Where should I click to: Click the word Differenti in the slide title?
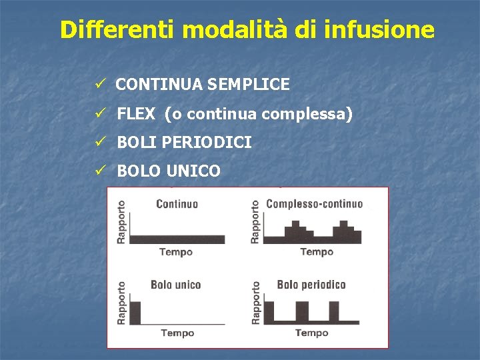tap(117, 29)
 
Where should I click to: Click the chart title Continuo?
tap(177, 204)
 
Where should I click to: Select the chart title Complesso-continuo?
tap(314, 204)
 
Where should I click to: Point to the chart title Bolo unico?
tap(175, 285)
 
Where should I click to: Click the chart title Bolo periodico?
tap(311, 285)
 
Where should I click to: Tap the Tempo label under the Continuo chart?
tap(176, 252)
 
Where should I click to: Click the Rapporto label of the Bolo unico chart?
tap(121, 303)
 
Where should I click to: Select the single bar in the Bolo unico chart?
tap(135, 313)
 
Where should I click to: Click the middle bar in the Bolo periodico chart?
tap(302, 313)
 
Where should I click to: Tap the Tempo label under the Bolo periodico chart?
tap(311, 333)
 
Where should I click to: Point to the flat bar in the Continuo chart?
tap(177, 239)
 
